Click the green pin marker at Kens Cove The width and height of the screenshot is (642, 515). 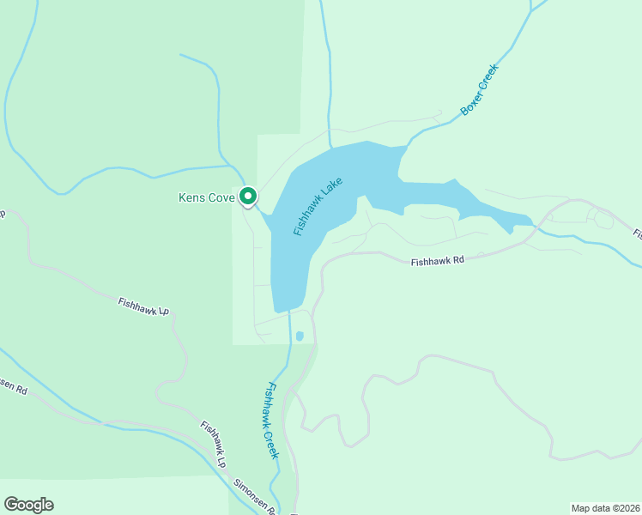(x=248, y=197)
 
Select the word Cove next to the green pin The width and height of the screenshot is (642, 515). (x=221, y=198)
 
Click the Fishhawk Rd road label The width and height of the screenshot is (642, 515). (x=437, y=261)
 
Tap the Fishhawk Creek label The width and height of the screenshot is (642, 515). (x=271, y=420)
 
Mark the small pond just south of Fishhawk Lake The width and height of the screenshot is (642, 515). (x=299, y=336)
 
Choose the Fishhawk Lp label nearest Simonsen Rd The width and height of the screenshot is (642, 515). (x=213, y=443)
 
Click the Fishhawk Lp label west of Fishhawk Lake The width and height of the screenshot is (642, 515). (x=143, y=306)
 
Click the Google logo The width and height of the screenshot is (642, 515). (x=28, y=505)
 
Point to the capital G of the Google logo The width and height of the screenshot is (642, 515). (x=10, y=505)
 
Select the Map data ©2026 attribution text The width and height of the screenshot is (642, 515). (x=606, y=507)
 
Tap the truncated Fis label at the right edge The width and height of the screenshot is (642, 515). (x=637, y=233)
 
